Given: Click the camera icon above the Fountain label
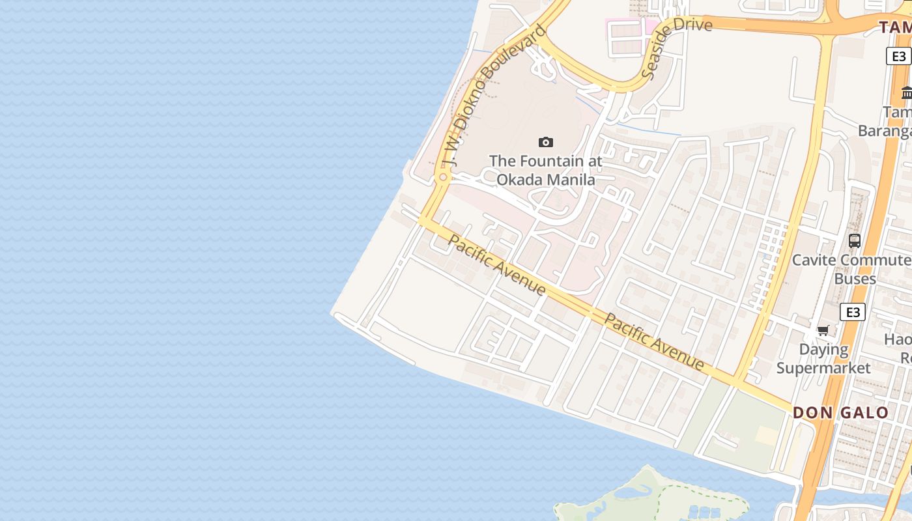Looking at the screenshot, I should (546, 142).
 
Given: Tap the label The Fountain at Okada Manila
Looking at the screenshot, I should (546, 170).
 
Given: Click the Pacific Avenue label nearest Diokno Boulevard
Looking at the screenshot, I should (497, 264).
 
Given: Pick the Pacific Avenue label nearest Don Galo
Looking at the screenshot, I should (654, 341).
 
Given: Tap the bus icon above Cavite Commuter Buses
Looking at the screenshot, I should (855, 240).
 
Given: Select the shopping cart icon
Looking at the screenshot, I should (823, 330).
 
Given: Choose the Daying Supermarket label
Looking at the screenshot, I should (823, 359).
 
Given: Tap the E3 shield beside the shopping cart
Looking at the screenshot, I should (852, 312).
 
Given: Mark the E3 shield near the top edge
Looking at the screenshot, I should (898, 56).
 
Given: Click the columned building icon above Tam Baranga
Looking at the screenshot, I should (907, 92).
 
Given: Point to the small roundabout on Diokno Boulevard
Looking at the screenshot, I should (443, 176).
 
